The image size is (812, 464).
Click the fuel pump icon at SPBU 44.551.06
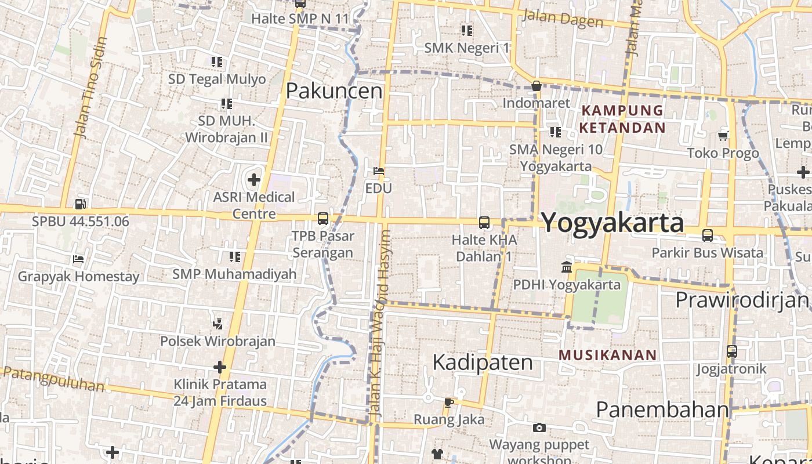click(x=81, y=204)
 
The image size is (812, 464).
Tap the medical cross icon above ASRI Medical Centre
click(x=253, y=180)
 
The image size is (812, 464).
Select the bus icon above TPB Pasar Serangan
click(x=323, y=219)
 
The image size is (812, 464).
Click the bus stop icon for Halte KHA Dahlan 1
click(x=484, y=222)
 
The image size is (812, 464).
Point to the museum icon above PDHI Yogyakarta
click(x=567, y=267)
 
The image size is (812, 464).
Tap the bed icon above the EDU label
click(x=379, y=171)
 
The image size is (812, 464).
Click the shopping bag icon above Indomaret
click(x=536, y=86)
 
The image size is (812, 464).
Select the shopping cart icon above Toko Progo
click(x=723, y=136)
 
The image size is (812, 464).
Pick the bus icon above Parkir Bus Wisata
click(x=708, y=235)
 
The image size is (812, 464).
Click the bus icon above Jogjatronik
click(x=732, y=351)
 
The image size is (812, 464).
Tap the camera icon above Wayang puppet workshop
click(x=539, y=428)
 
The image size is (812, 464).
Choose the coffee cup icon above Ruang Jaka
click(x=448, y=402)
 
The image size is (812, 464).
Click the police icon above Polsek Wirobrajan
click(x=218, y=324)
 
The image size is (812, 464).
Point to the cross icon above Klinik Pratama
click(x=219, y=367)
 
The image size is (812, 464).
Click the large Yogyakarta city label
click(x=612, y=223)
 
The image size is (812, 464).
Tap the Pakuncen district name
click(x=334, y=91)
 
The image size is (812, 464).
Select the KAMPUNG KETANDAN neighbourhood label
click(x=622, y=119)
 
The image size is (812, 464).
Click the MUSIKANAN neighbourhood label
click(x=608, y=355)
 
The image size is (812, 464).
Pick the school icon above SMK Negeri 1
click(x=467, y=30)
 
